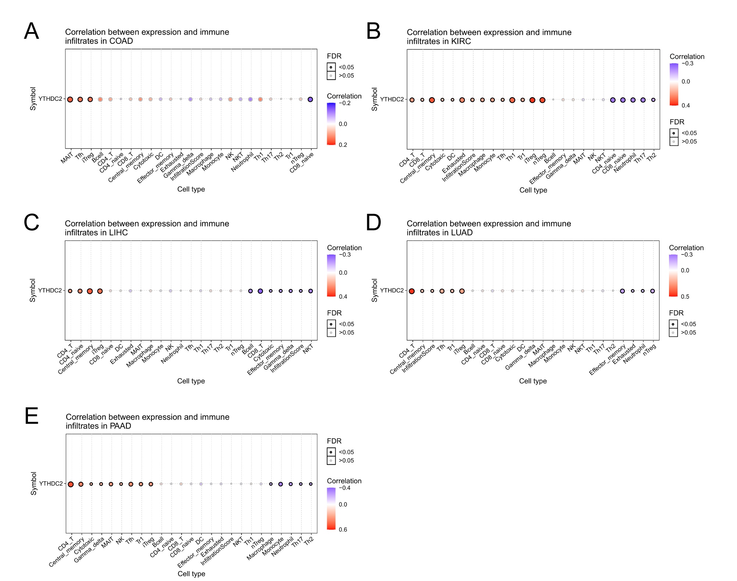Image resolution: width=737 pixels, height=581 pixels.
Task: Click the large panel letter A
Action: [32, 31]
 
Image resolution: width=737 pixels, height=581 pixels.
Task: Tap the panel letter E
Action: [32, 416]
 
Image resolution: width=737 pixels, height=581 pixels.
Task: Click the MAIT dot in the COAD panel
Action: [70, 99]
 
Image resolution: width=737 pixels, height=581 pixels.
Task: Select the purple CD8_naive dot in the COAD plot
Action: [310, 99]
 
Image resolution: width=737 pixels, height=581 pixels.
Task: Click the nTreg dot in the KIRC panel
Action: [542, 100]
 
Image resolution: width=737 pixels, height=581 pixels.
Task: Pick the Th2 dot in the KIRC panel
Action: [653, 100]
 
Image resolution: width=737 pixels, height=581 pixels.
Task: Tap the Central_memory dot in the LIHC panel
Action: [90, 291]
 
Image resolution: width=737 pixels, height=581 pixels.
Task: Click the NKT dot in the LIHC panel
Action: [311, 291]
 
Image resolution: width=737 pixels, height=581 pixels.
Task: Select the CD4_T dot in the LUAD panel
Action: [412, 291]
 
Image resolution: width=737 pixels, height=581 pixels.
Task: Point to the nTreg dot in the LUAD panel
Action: [652, 291]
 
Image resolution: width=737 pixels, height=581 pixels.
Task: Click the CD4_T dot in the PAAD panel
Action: [71, 484]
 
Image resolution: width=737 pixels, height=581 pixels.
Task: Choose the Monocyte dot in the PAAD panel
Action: [280, 484]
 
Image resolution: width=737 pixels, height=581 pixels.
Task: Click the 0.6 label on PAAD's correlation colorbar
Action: [343, 530]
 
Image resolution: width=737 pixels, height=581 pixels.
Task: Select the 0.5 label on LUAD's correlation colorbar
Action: [685, 297]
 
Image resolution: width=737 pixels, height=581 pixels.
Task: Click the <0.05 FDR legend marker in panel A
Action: [331, 67]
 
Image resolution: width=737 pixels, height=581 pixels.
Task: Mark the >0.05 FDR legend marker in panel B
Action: [674, 142]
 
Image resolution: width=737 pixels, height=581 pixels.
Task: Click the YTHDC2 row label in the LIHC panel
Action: [50, 290]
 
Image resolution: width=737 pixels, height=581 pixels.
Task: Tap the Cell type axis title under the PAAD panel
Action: [191, 574]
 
